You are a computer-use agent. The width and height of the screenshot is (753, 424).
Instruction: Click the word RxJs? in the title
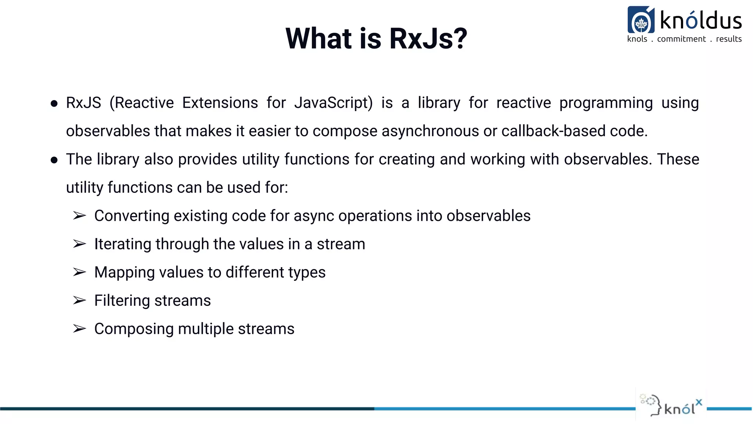tap(428, 39)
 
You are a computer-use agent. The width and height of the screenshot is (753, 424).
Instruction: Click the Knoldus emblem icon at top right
tap(641, 20)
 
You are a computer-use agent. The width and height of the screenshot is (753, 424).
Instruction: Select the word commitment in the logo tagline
tap(681, 39)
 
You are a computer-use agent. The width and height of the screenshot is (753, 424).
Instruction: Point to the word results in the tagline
tap(729, 39)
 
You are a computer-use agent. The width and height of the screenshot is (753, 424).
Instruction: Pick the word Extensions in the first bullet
tap(220, 103)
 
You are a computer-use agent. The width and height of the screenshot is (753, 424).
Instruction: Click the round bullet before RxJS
tap(54, 104)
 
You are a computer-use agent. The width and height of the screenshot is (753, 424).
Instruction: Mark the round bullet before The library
tap(54, 160)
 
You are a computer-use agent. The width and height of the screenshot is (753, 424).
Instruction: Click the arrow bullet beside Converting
tap(79, 216)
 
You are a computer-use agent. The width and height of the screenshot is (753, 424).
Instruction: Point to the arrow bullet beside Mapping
tap(79, 272)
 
